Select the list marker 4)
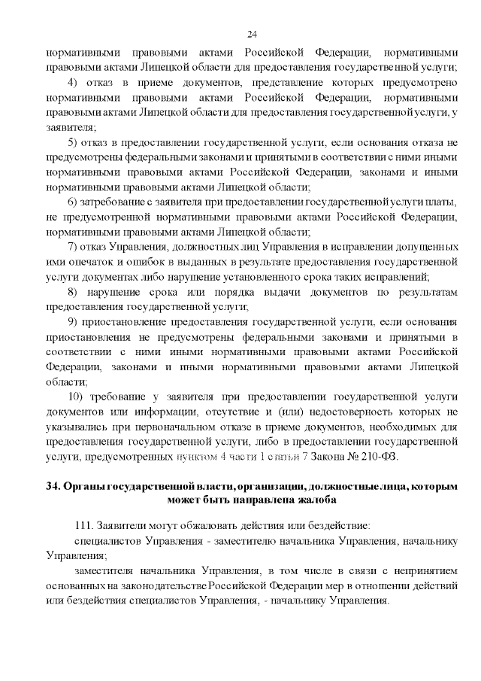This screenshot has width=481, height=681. pos(74,82)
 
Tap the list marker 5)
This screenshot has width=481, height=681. pos(74,142)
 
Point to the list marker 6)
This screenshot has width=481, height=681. pos(74,202)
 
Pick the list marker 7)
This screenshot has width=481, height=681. pos(74,248)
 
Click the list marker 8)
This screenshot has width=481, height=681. pos(74,293)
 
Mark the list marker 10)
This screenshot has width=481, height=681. pos(76,397)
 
